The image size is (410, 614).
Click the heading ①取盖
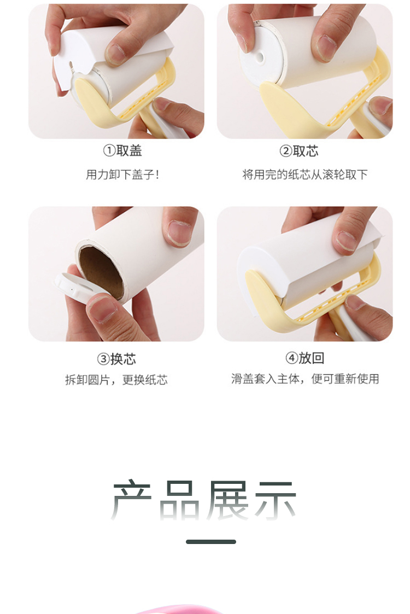(122, 150)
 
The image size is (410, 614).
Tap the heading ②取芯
(299, 151)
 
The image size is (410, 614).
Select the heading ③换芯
(116, 359)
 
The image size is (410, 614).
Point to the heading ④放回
(304, 358)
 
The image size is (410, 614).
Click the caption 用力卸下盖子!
(122, 174)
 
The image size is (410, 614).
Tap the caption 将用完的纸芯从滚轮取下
(304, 174)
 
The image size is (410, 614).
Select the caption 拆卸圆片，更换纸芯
(116, 380)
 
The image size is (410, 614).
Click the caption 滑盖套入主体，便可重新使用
(304, 379)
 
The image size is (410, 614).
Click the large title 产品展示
(203, 500)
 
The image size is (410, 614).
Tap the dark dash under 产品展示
(210, 542)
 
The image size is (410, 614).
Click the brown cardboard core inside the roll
(102, 271)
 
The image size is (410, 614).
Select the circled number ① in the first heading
(109, 151)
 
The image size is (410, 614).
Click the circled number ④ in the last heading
(291, 358)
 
